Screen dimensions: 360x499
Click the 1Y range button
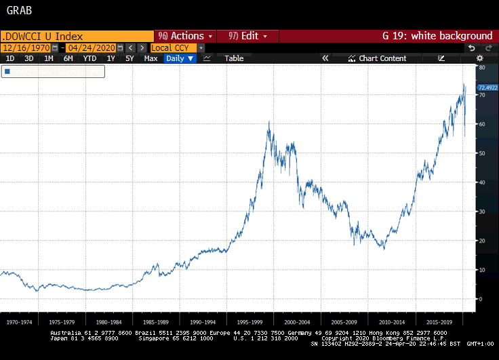111,58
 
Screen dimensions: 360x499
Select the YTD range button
89,58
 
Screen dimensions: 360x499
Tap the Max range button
151,58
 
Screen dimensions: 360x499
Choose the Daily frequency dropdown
180,58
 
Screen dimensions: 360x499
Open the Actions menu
185,36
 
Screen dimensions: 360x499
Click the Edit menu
248,36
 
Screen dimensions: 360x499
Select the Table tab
234,58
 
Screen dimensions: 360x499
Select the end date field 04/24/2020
91,47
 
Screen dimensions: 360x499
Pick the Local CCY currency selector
174,47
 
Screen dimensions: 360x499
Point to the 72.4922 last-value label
487,87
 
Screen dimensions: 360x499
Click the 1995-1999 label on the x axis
250,322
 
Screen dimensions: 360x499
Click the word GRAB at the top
18,11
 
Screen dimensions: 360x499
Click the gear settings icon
487,58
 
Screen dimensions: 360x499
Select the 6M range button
68,58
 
